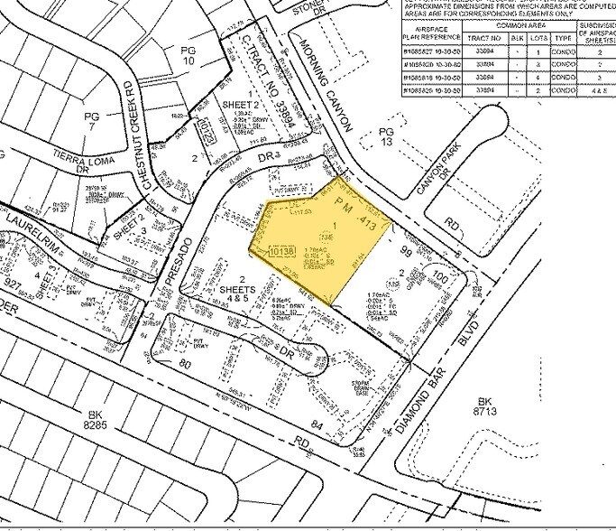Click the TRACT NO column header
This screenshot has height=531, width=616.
pos(485,39)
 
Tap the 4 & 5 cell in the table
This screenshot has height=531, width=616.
pos(598,90)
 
